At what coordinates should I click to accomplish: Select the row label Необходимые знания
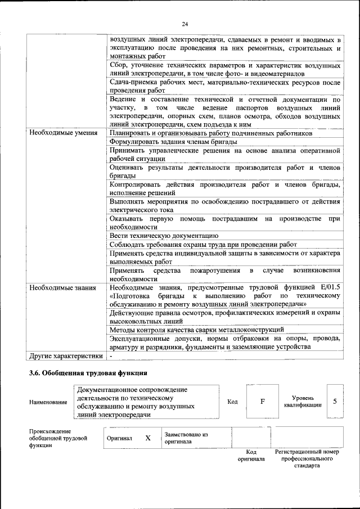tap(60, 287)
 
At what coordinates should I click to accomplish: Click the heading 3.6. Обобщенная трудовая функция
tap(88, 372)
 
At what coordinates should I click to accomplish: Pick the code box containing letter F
tap(262, 402)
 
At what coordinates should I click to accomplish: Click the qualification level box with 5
tap(335, 402)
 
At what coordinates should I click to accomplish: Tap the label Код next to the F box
tap(232, 402)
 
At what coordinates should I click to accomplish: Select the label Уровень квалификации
tap(303, 402)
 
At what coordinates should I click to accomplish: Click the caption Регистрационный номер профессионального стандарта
tap(307, 459)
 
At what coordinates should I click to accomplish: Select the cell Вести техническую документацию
tap(164, 236)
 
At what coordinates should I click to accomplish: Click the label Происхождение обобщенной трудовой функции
tap(58, 438)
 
